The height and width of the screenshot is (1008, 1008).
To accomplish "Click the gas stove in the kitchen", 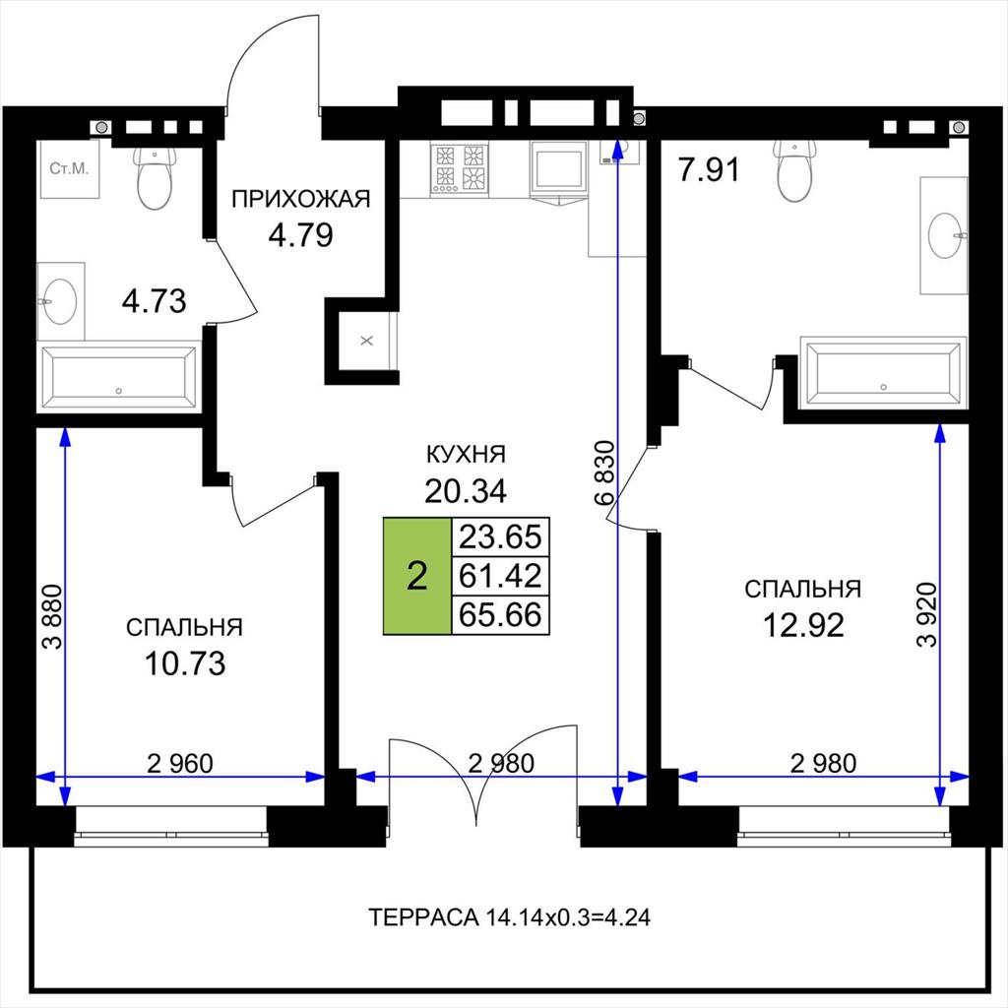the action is click(459, 167).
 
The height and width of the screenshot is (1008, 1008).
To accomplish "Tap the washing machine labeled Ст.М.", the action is click(70, 169).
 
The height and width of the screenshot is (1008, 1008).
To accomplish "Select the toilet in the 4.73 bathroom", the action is click(155, 178).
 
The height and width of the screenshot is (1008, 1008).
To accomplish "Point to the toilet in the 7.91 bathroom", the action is click(795, 170).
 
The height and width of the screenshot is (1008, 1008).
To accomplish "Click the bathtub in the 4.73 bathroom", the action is click(119, 377).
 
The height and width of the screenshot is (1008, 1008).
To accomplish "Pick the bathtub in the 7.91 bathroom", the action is click(883, 374).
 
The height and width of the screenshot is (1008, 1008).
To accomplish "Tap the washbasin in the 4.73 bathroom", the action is click(60, 301).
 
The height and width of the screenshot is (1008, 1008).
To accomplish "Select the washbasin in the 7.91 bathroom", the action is click(944, 236).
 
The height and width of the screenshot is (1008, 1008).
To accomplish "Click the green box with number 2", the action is click(417, 575).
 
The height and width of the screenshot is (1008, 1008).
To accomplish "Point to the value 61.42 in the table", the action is click(500, 575).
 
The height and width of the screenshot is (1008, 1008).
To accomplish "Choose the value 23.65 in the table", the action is click(500, 536).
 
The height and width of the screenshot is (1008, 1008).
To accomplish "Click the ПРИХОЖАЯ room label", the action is click(301, 199).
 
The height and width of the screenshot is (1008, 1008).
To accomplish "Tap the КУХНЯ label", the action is click(466, 455).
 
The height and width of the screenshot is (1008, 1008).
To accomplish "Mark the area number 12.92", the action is click(803, 625).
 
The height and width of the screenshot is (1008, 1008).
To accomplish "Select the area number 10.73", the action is click(185, 663).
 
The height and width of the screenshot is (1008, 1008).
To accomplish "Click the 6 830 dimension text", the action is click(605, 473).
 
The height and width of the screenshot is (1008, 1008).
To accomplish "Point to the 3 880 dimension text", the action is click(53, 616).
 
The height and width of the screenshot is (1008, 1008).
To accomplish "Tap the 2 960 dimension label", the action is click(180, 763).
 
